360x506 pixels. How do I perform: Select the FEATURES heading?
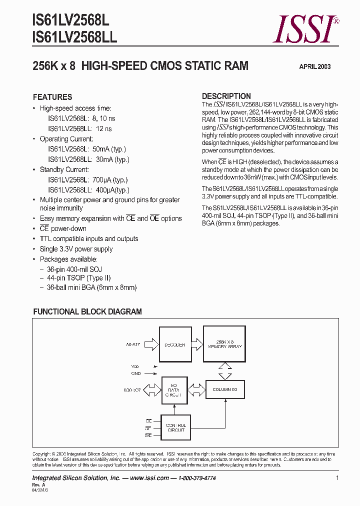coord(52,97)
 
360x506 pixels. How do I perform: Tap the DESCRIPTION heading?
coord(226,96)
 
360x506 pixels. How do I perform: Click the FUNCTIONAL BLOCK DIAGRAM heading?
coord(87,311)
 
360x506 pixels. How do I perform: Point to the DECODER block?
coord(174,344)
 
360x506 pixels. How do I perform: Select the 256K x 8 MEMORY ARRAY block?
coord(224,345)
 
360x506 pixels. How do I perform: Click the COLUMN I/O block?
coord(224,389)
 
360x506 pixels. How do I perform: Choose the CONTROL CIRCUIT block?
coord(175,427)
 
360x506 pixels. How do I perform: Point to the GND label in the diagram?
coord(136,373)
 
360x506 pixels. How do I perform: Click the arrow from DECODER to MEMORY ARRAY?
coord(195,344)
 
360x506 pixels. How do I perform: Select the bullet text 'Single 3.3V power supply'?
coord(76,249)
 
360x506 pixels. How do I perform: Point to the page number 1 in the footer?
coord(337,478)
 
